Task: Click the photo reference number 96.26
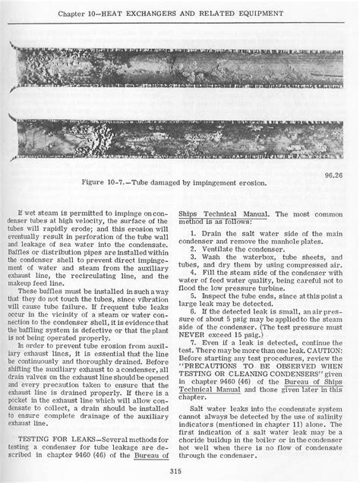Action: click(334, 173)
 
